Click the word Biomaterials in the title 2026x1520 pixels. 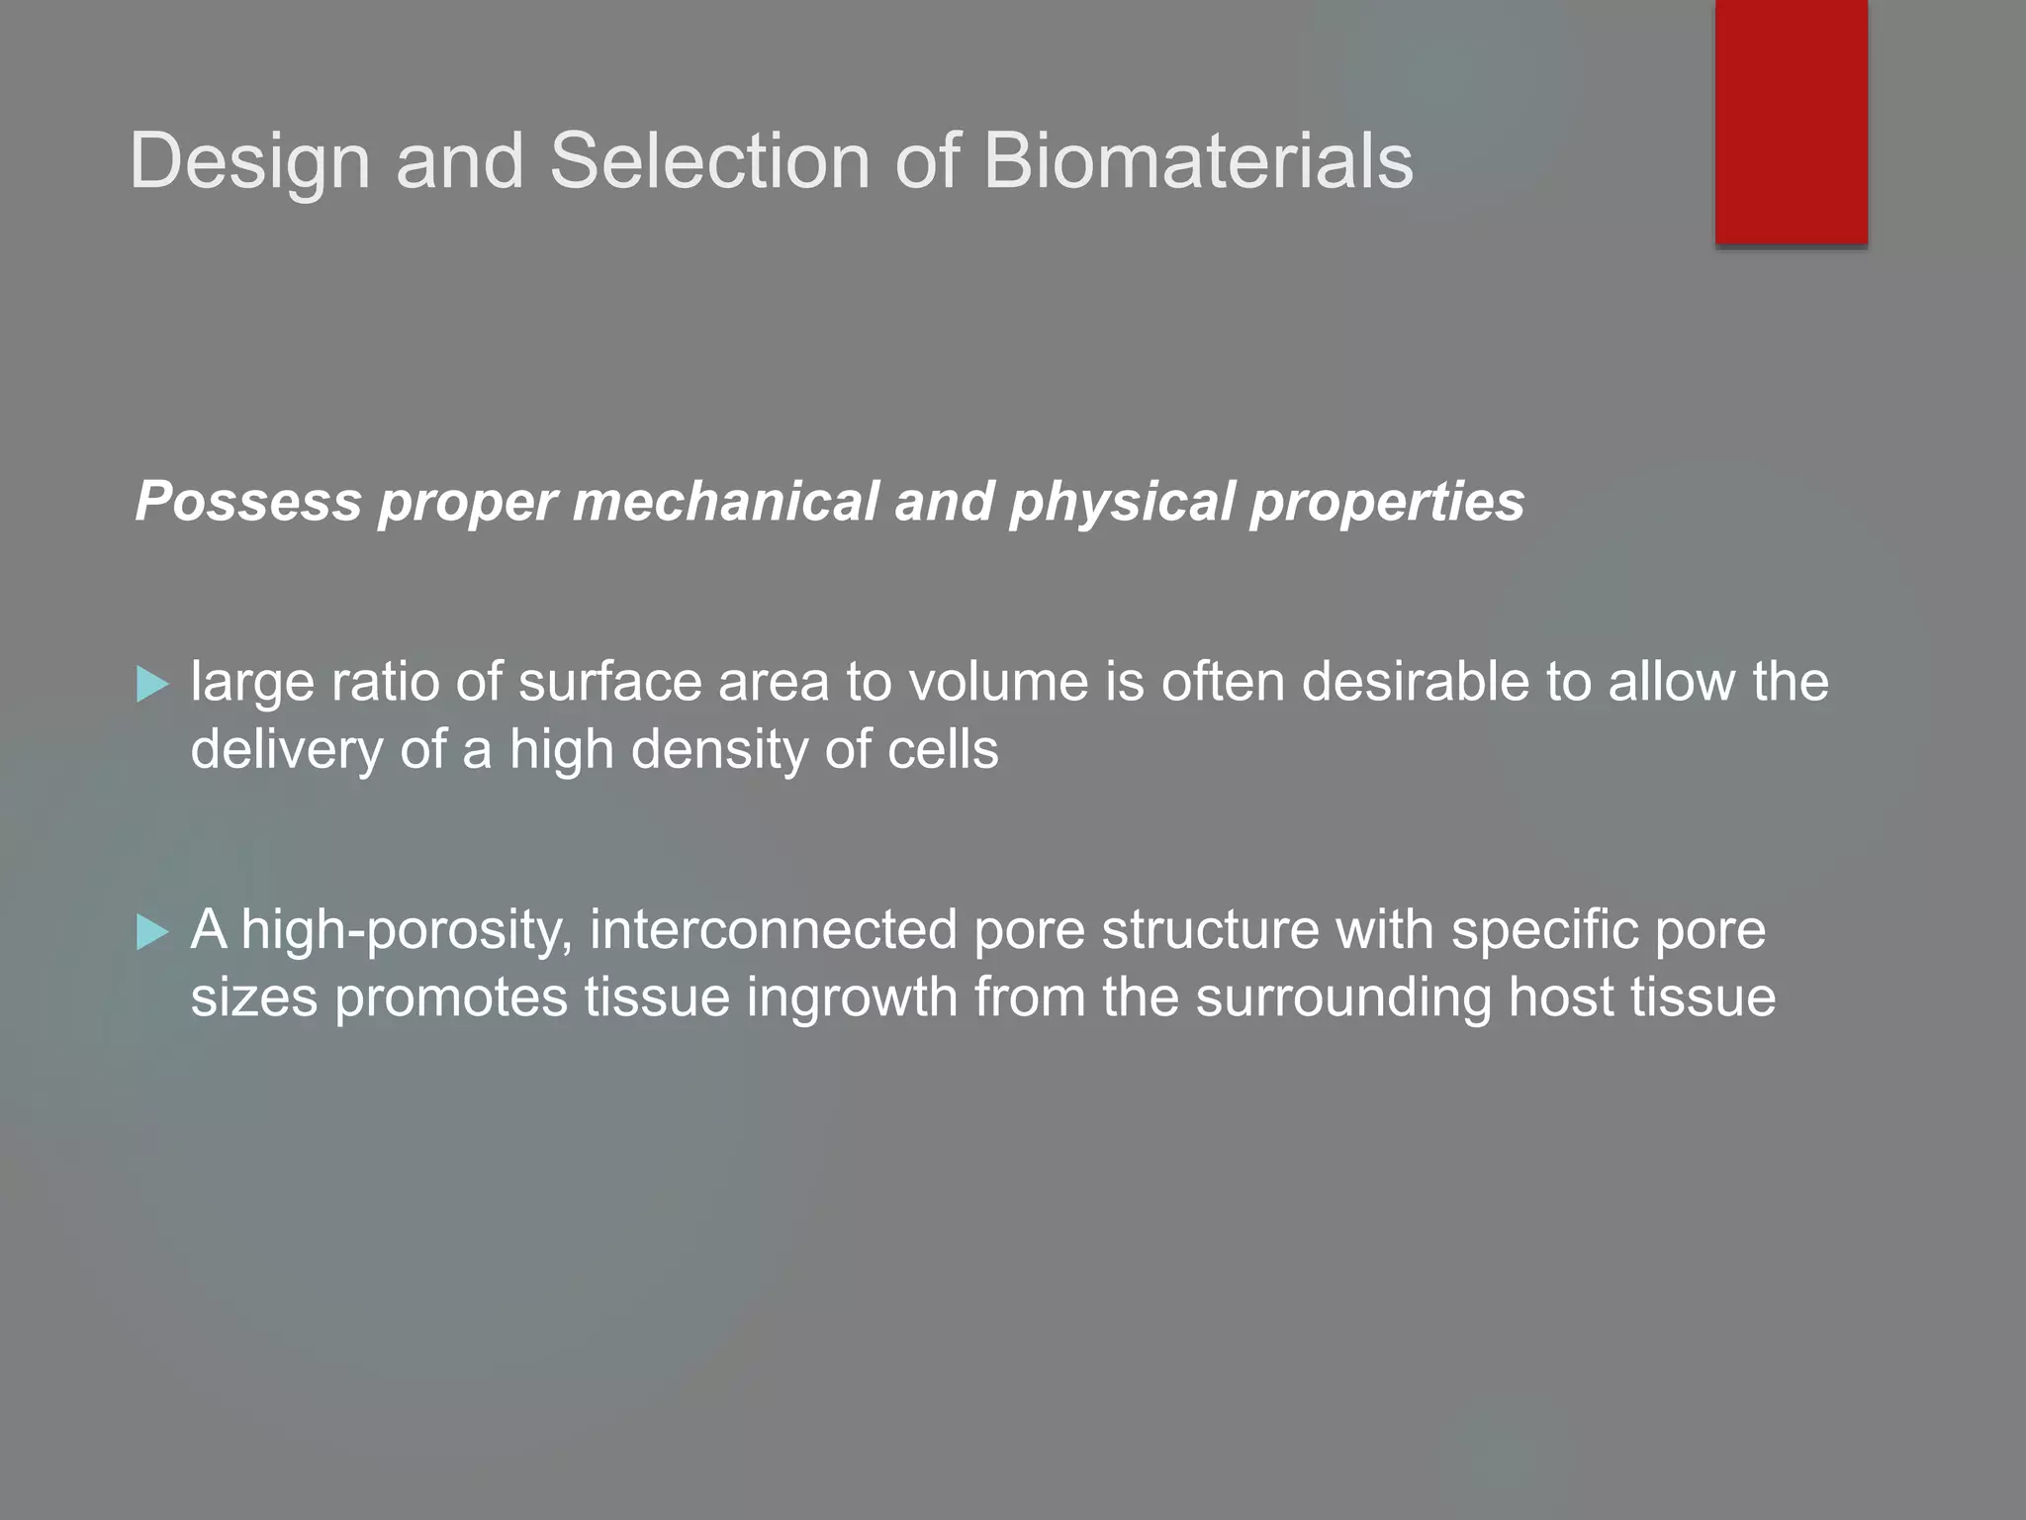[1197, 161]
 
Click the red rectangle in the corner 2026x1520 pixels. [1791, 121]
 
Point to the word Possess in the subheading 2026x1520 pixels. [248, 501]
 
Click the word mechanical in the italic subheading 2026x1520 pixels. [725, 501]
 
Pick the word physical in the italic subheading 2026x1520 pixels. [1122, 503]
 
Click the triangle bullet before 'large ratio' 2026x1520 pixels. [152, 684]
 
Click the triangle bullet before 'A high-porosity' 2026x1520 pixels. [152, 932]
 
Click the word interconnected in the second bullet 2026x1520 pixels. [773, 930]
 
